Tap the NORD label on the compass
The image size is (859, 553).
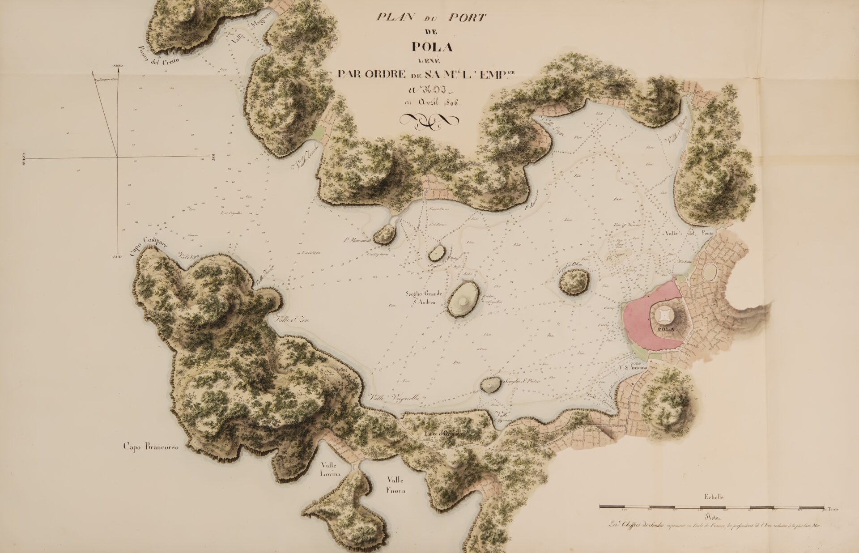[x=118, y=66]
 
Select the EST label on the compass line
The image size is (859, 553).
[x=213, y=157]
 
